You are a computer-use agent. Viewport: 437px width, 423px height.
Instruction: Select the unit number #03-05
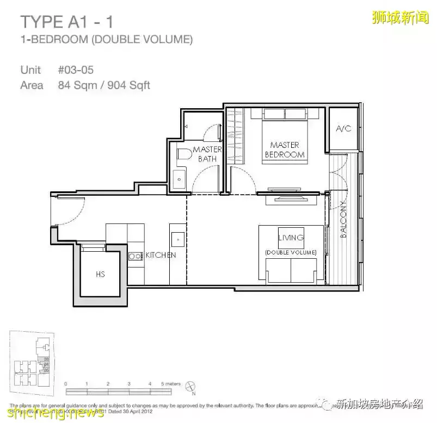coord(76,70)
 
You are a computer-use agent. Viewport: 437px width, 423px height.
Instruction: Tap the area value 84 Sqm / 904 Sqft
coord(103,85)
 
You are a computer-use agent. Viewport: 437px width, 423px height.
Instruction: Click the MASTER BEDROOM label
coord(284,150)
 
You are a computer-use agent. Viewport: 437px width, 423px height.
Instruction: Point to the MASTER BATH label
coord(207,154)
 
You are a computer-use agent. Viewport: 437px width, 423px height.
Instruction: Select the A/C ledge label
coord(343,129)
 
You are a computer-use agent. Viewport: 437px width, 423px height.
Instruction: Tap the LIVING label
coord(291,238)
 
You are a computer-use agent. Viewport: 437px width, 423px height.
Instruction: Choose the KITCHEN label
coord(159,255)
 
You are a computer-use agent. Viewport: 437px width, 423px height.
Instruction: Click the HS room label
coord(100,275)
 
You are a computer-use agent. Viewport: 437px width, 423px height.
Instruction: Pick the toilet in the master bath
coord(183,154)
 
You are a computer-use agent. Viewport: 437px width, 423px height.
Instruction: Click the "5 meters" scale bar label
coord(170,384)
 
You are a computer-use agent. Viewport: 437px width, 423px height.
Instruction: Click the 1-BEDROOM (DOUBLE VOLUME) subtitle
coord(106,39)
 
